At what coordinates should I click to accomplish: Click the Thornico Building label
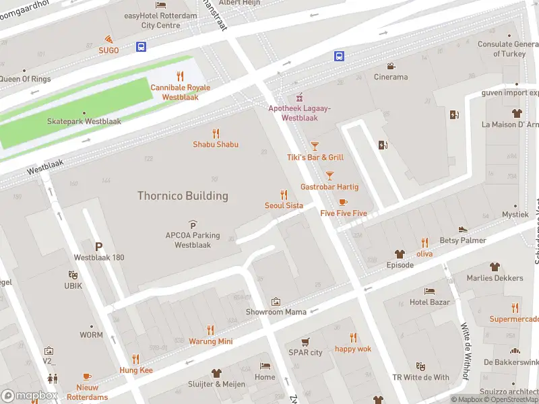(x=183, y=196)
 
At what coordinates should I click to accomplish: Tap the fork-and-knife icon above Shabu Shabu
(x=216, y=133)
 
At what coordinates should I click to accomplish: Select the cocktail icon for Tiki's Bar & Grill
(x=315, y=146)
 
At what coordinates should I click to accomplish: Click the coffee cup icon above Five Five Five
(x=343, y=202)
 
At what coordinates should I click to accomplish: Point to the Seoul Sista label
(x=284, y=205)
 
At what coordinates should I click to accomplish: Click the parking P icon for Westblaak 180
(x=99, y=246)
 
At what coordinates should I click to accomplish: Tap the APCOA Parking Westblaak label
(x=193, y=240)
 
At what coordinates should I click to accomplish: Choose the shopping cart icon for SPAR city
(x=305, y=341)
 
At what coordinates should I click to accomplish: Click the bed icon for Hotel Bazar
(x=429, y=291)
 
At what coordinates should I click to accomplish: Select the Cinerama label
(x=391, y=77)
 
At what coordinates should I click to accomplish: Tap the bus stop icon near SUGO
(x=141, y=46)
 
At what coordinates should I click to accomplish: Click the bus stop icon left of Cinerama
(x=340, y=57)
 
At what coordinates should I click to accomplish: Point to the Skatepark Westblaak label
(x=84, y=122)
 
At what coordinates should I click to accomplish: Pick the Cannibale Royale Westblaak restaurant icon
(x=180, y=76)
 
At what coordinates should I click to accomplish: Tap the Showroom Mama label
(x=276, y=312)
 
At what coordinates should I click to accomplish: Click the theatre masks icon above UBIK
(x=73, y=275)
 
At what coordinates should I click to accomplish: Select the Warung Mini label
(x=210, y=341)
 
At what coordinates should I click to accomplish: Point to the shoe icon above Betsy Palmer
(x=463, y=230)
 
